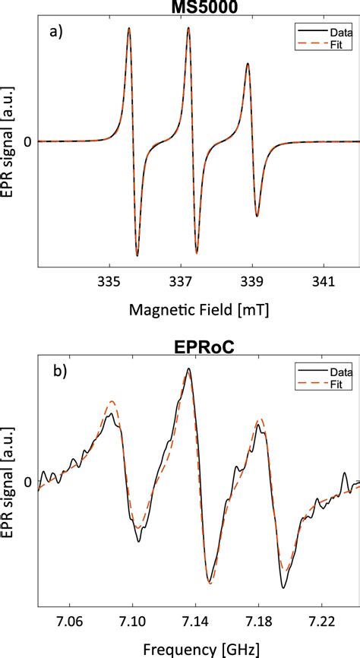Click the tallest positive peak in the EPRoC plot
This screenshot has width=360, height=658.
click(x=188, y=369)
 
